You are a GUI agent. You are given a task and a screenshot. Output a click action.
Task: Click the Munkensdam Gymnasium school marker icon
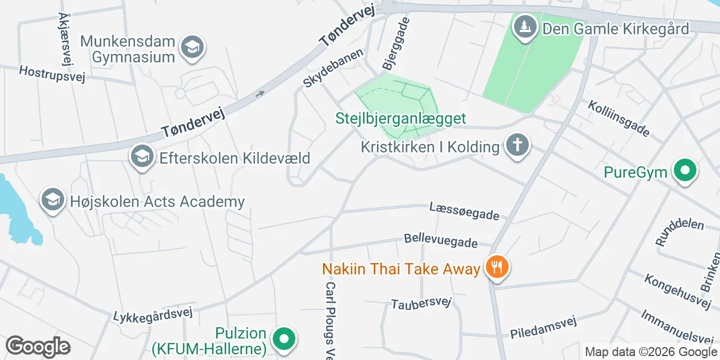[x=192, y=48]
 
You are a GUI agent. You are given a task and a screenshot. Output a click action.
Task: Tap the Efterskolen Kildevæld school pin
[x=142, y=157]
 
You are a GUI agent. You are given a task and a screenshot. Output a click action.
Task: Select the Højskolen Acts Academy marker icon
[x=52, y=200]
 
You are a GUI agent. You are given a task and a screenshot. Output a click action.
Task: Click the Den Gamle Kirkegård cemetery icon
[x=526, y=27]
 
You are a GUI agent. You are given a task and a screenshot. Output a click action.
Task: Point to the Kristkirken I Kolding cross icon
[x=517, y=146]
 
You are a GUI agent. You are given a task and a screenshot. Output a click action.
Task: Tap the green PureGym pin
[x=685, y=171]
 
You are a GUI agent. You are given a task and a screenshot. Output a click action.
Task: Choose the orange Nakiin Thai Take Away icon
[x=496, y=268]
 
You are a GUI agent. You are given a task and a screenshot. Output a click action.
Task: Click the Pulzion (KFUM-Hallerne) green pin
[x=284, y=339]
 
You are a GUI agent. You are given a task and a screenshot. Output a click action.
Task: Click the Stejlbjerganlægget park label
[x=401, y=119]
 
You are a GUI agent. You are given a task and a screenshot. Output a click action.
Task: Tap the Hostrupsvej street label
[x=52, y=74]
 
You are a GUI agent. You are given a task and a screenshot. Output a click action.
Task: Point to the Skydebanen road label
[x=333, y=67]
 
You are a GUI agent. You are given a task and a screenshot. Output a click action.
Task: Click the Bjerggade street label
[x=396, y=43]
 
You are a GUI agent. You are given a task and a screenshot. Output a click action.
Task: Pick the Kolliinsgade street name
[x=619, y=119]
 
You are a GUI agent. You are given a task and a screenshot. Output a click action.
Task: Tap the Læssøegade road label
[x=464, y=211]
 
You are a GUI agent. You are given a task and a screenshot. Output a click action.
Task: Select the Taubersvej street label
[x=422, y=303]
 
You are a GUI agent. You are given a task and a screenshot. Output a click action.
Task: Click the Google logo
[x=38, y=347]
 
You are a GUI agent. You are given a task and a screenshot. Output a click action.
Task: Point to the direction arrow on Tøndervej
[x=260, y=94]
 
